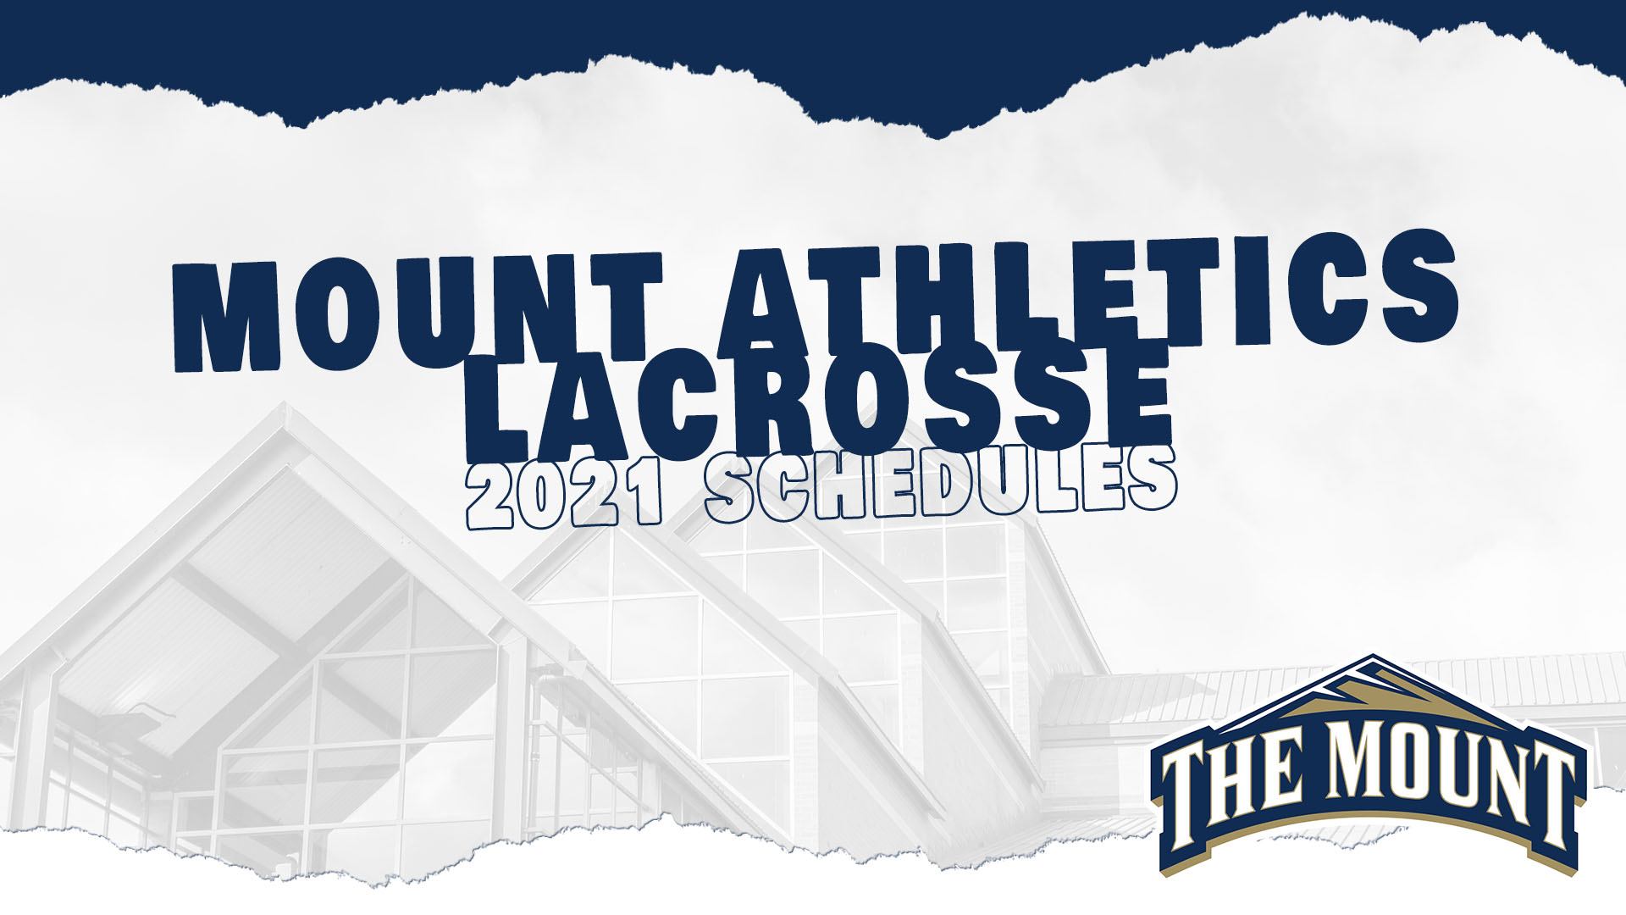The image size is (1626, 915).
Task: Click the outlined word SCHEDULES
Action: (940, 487)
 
